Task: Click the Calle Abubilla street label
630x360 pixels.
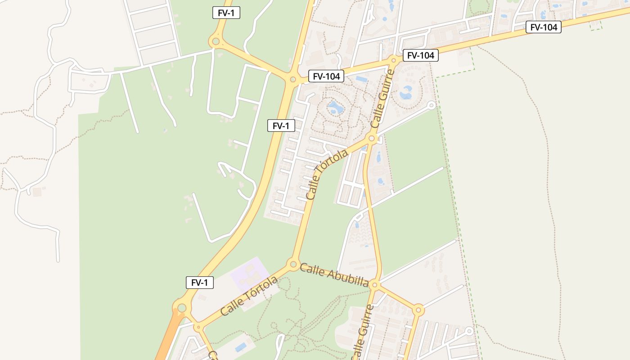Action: (x=334, y=275)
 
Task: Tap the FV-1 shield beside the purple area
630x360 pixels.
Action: (x=200, y=283)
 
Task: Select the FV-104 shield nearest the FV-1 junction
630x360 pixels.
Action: (x=326, y=76)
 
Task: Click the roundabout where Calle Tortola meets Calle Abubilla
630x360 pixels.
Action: (x=293, y=264)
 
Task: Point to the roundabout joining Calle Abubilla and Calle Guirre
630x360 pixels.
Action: (x=375, y=285)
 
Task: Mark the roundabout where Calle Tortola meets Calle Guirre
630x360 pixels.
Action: (x=372, y=138)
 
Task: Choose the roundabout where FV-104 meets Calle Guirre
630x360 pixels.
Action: (x=394, y=59)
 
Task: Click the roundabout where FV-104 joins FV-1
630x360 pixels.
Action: (x=292, y=80)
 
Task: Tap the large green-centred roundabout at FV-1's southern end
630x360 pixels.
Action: (x=182, y=308)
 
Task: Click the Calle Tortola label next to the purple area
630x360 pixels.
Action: (x=249, y=296)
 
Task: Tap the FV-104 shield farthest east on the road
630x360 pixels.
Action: (x=544, y=27)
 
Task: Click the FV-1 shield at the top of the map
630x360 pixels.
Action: (x=226, y=13)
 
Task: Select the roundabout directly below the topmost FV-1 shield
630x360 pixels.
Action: (x=216, y=42)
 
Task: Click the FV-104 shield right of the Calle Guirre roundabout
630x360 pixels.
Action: (x=420, y=55)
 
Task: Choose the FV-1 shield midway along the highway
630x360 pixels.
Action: (x=281, y=126)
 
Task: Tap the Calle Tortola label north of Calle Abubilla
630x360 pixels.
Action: (x=327, y=174)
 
